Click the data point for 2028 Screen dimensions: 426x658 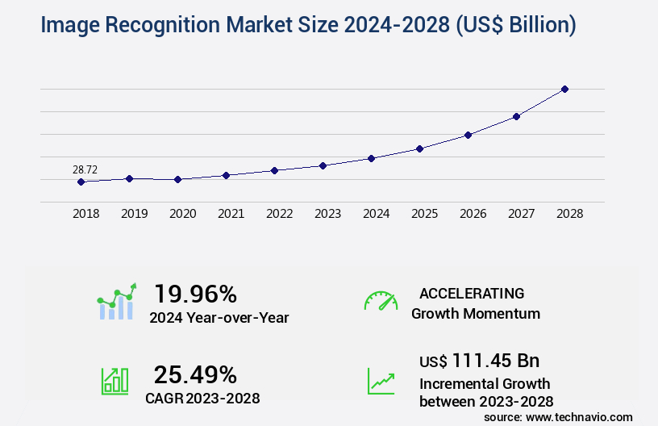coord(564,89)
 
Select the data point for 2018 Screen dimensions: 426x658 coord(81,182)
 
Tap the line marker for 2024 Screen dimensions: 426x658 coord(371,158)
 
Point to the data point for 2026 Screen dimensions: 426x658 coord(468,135)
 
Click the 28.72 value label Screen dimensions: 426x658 coord(85,169)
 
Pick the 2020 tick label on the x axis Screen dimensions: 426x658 coord(182,214)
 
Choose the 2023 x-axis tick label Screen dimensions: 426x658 coord(327,214)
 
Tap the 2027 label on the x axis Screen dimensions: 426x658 coord(521,214)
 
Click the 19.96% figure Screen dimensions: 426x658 coord(195,294)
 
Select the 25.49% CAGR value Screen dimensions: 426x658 coord(195,374)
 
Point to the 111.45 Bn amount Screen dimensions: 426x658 coord(495,360)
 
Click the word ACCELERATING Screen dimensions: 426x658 coord(472,293)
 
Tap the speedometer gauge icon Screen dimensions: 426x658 coord(381,301)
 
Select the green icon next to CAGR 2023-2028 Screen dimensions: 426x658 coord(115,381)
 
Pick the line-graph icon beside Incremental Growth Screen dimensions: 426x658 coord(381,381)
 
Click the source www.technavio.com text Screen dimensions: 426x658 coord(558,416)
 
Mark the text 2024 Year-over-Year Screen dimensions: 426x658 coord(219,318)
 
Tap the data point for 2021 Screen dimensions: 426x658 coord(226,175)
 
